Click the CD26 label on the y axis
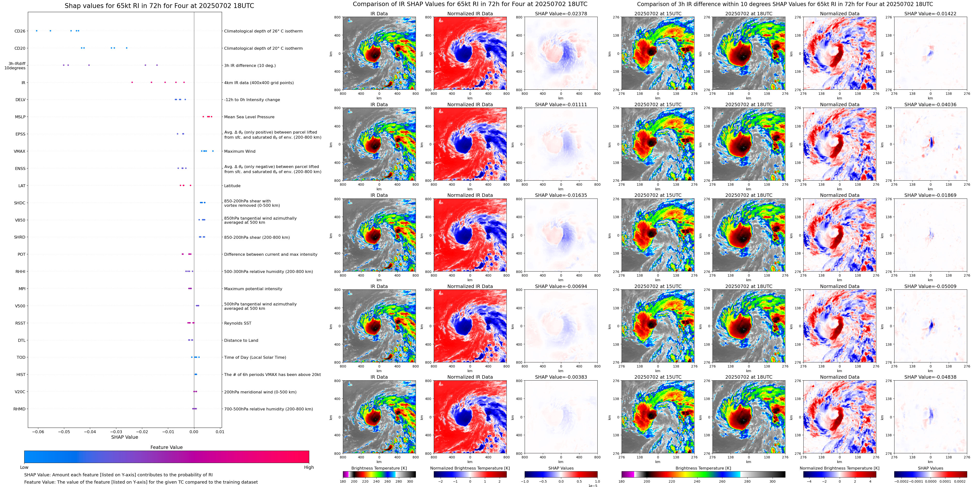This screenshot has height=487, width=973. pos(20,31)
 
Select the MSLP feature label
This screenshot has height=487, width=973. pos(20,117)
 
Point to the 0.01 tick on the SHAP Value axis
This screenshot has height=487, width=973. pos(220,431)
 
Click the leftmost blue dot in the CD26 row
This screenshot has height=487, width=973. pos(37,31)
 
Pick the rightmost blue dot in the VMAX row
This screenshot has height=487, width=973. pos(213,151)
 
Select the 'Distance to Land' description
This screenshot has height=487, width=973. pos(241,340)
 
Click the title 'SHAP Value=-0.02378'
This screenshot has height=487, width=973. pos(561,14)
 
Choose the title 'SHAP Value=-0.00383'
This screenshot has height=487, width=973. pos(561,377)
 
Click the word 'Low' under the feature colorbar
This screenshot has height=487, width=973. pos(24,467)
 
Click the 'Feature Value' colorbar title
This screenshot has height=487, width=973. pos(166,447)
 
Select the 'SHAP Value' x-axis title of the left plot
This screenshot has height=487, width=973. pos(124,437)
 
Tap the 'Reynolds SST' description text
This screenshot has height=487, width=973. pos(237,323)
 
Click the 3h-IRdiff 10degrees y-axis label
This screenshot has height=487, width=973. pos(15,66)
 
